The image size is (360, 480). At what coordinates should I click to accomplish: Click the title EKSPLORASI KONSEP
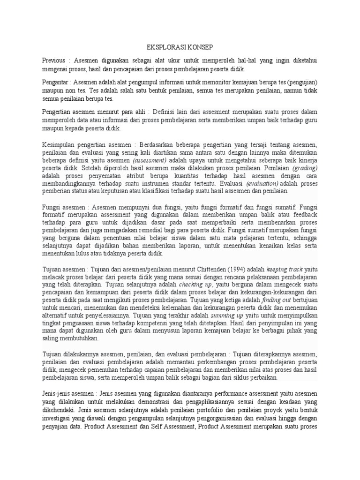click(x=180, y=48)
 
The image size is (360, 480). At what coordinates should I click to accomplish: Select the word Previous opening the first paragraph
click(x=53, y=61)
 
